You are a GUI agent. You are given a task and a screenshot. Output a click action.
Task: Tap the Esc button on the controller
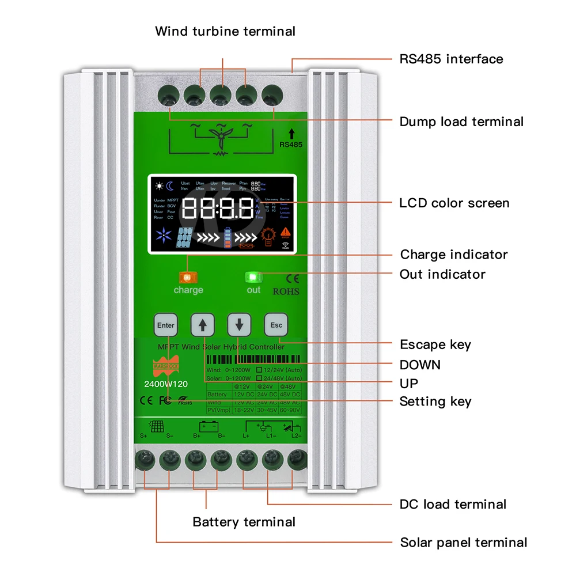tap(276, 325)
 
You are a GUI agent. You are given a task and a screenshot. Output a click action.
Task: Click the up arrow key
tap(202, 325)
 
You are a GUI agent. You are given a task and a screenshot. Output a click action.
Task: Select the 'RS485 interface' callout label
tap(451, 59)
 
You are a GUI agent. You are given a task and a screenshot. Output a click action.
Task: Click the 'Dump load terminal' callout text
tap(461, 122)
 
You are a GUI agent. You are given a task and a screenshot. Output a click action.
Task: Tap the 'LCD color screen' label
tap(454, 203)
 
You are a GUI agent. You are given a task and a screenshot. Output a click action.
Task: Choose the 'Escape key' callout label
tap(435, 344)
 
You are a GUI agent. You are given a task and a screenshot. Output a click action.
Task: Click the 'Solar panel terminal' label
tap(463, 542)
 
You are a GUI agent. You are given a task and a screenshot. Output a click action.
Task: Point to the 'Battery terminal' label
tap(244, 522)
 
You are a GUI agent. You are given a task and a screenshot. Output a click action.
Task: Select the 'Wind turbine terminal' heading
tap(225, 31)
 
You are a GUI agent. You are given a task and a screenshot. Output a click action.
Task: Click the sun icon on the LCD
tap(159, 186)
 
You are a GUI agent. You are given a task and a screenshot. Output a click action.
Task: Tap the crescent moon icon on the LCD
tap(170, 186)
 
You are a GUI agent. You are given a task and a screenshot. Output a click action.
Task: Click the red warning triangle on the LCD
tap(286, 232)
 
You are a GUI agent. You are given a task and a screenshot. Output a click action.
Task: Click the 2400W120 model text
tap(165, 384)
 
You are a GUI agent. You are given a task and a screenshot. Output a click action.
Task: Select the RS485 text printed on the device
tap(290, 145)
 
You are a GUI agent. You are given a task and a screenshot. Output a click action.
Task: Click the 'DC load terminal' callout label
tap(453, 504)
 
